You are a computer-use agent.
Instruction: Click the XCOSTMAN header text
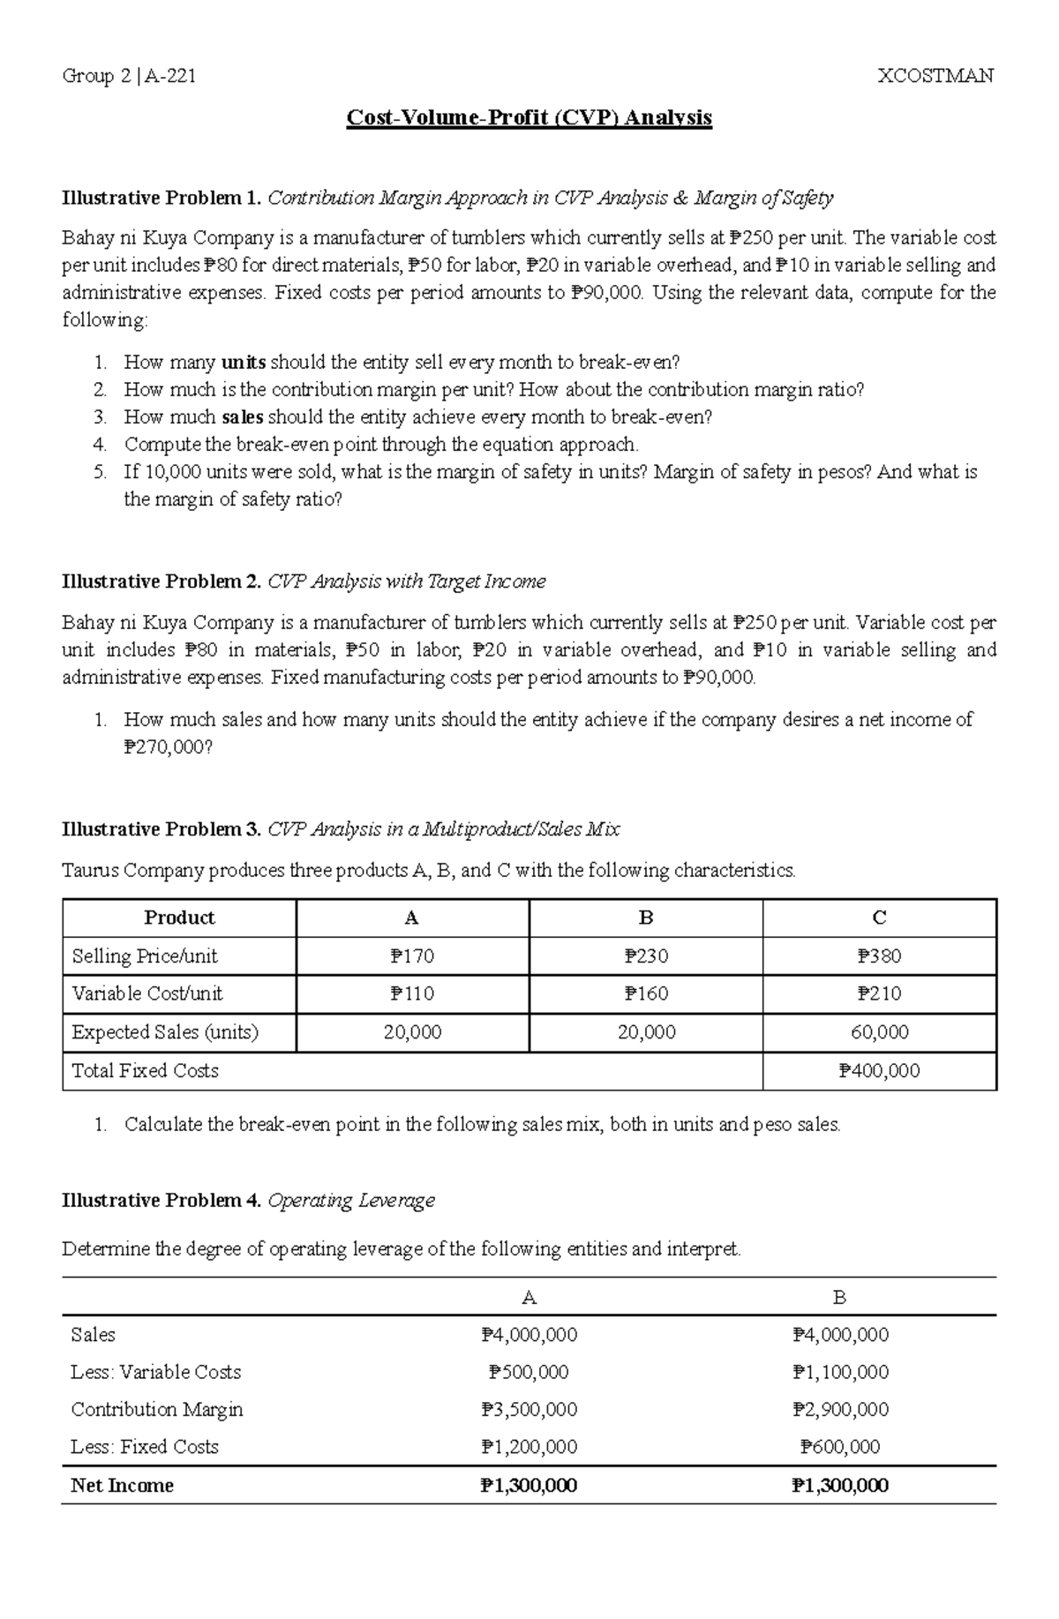935,76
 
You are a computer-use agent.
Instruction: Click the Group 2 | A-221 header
129,76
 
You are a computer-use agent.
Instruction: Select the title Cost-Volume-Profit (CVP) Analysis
529,117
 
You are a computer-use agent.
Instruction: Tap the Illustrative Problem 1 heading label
161,198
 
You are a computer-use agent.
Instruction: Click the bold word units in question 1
243,362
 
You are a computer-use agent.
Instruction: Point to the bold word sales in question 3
242,416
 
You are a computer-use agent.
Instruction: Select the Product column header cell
179,918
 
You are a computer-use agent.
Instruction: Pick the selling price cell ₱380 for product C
879,956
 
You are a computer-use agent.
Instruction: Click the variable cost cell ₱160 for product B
646,993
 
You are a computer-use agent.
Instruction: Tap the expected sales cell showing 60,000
879,1031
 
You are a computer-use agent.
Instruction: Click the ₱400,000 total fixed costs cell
879,1070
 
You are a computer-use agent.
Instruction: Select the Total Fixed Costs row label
145,1070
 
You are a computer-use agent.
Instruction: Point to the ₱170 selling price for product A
412,956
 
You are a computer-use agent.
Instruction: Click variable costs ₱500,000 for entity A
529,1372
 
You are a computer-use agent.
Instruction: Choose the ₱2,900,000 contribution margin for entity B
840,1409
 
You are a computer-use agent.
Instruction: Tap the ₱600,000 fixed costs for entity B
840,1446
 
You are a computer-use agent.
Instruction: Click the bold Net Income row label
122,1485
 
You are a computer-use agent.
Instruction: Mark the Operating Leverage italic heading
351,1201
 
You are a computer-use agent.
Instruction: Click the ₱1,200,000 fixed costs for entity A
529,1446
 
